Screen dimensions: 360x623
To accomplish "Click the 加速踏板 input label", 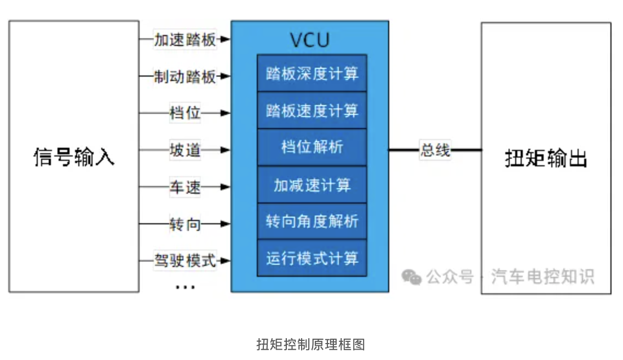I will pyautogui.click(x=185, y=40).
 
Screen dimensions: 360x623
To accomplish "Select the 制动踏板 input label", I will pyautogui.click(x=185, y=77).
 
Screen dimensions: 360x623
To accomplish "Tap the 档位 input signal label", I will pyautogui.click(x=185, y=113).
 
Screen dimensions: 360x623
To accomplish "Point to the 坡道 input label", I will pyautogui.click(x=185, y=150).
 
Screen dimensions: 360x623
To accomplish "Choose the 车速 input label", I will pyautogui.click(x=185, y=187).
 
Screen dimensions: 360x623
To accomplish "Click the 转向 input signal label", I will pyautogui.click(x=185, y=224).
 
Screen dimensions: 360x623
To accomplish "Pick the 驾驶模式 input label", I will pyautogui.click(x=185, y=260).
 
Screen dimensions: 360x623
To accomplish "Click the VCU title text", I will pyautogui.click(x=310, y=40).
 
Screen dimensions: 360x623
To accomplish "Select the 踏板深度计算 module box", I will pyautogui.click(x=312, y=73).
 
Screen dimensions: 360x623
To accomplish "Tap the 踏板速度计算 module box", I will pyautogui.click(x=312, y=111).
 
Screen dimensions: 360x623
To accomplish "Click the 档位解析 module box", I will pyautogui.click(x=312, y=148).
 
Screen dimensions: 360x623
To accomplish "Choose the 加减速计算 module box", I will pyautogui.click(x=312, y=185).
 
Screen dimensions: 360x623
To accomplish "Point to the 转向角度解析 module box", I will pyautogui.click(x=312, y=222).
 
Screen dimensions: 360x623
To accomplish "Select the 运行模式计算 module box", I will pyautogui.click(x=312, y=258).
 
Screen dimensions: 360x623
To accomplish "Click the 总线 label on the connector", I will pyautogui.click(x=435, y=150).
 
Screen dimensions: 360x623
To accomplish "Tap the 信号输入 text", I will pyautogui.click(x=74, y=157).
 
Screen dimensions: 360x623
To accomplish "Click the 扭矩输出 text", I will pyautogui.click(x=545, y=159).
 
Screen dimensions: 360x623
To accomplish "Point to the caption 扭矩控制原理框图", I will pyautogui.click(x=310, y=344).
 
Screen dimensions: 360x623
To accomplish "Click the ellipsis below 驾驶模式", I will pyautogui.click(x=185, y=286).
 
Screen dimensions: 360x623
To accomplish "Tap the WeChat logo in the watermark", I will pyautogui.click(x=411, y=277).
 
